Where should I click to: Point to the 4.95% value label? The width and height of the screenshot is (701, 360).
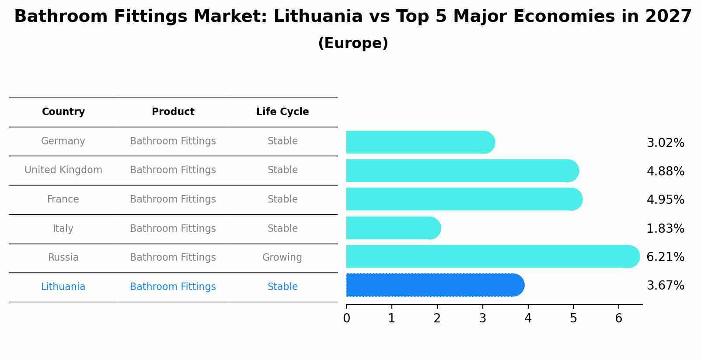(x=665, y=200)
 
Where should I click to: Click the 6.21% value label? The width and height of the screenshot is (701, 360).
(x=665, y=257)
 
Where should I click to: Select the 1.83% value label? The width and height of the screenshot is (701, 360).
(x=665, y=229)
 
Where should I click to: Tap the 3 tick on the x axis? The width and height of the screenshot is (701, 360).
(x=482, y=318)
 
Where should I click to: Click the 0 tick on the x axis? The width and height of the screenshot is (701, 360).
(x=346, y=318)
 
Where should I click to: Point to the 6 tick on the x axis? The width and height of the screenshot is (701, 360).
(x=618, y=318)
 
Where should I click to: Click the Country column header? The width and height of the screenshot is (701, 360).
(x=63, y=112)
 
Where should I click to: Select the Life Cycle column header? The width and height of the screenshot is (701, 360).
(x=282, y=112)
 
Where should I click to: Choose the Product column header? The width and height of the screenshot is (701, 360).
(x=173, y=112)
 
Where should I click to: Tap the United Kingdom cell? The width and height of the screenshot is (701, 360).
(x=63, y=170)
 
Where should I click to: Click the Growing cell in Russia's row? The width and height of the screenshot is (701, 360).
(x=282, y=258)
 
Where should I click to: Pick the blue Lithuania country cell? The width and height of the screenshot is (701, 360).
(x=63, y=287)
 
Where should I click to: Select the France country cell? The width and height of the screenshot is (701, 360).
(x=63, y=199)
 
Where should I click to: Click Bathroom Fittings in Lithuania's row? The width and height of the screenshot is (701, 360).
(x=173, y=287)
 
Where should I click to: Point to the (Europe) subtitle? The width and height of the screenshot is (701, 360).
(x=353, y=43)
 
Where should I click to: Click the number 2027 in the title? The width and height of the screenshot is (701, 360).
(x=668, y=17)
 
